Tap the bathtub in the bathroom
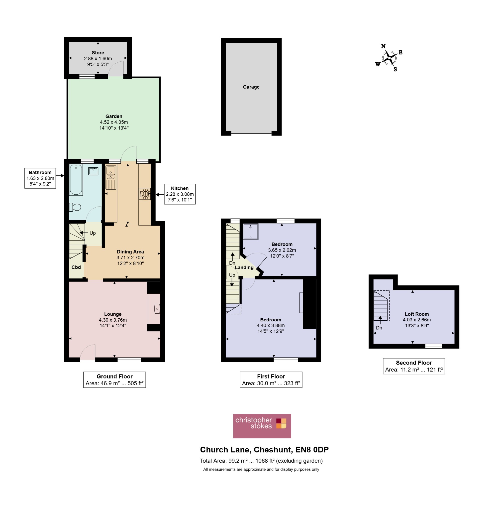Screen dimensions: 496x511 point(76,180)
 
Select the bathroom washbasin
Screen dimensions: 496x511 point(93,171)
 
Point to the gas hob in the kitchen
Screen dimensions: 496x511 point(145,194)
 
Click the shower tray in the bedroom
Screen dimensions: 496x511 point(251,232)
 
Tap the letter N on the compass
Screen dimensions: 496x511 point(383,46)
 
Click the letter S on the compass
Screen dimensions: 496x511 point(395,69)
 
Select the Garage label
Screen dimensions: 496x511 point(251,87)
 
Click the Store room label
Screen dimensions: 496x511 point(98,53)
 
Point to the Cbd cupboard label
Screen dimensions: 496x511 point(76,267)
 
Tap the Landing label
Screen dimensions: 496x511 point(244,267)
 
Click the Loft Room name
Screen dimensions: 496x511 point(417,314)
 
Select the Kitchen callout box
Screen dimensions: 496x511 point(180,194)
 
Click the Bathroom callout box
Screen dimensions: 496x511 point(40,178)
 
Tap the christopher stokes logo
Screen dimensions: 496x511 point(262,426)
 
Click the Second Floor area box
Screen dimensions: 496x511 point(414,366)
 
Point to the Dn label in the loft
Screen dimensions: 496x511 point(379,328)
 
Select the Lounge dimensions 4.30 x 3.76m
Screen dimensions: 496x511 point(113,320)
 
